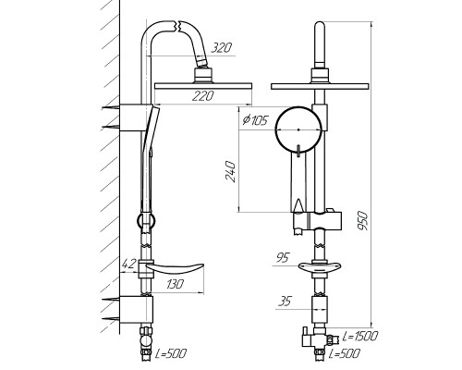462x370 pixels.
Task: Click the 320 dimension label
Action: point(221,48)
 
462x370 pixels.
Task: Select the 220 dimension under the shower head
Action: point(203,96)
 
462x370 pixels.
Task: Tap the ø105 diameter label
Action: point(255,119)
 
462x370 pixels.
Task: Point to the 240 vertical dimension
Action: point(231,171)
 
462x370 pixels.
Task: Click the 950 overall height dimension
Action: point(362,221)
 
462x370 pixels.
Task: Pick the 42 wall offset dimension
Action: point(129,264)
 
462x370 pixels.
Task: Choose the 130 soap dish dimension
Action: point(175,284)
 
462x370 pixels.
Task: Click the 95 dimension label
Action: point(283,257)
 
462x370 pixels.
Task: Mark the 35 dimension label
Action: point(285,301)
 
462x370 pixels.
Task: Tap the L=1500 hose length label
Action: point(360,336)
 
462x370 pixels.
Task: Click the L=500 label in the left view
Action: point(171,353)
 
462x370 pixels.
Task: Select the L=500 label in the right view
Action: point(344,353)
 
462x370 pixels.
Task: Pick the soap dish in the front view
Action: point(320,267)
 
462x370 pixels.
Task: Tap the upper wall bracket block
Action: point(136,117)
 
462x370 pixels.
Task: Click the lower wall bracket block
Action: point(136,310)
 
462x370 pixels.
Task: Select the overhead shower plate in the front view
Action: point(320,86)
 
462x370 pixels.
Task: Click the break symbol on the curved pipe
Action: point(178,27)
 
